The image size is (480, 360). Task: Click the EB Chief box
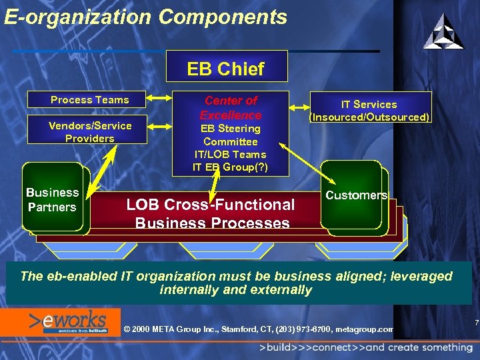click(x=226, y=69)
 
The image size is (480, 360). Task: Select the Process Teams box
click(x=90, y=100)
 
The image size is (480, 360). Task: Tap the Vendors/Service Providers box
click(x=90, y=132)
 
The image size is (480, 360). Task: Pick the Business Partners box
click(x=53, y=199)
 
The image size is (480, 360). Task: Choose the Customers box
click(x=356, y=195)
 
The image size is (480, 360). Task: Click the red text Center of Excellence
click(x=231, y=107)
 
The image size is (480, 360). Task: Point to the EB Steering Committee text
click(x=231, y=135)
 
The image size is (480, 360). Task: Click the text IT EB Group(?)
click(x=231, y=167)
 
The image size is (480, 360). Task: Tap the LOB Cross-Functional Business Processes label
click(x=211, y=213)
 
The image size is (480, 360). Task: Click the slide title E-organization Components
click(x=145, y=17)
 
